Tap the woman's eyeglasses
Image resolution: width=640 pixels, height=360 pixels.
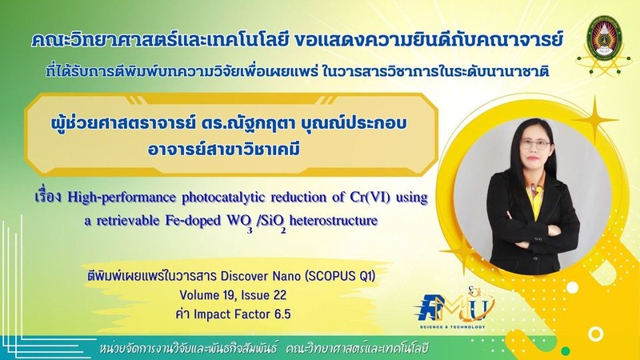coord(535,143)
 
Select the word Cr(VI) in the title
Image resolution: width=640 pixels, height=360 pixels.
coord(370,198)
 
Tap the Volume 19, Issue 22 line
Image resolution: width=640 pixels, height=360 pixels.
coord(233,295)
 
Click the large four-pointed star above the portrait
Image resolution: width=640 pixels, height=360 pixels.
coord(594,120)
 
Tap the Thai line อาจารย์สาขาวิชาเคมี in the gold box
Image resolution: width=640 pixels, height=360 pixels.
coord(224,149)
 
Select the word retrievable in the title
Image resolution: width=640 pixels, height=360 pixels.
coord(128,221)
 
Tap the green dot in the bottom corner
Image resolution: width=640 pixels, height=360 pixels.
coord(566,351)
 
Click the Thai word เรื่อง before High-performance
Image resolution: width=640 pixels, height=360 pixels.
coord(49,197)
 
